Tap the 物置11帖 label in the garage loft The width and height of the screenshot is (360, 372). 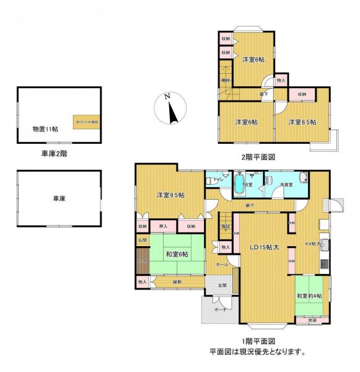pyautogui.click(x=45, y=128)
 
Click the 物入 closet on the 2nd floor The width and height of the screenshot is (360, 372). pyautogui.click(x=281, y=81)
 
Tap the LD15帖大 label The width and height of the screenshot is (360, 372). pyautogui.click(x=264, y=248)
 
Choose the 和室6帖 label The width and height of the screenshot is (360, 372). pyautogui.click(x=177, y=253)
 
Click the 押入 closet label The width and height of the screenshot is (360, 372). pyautogui.click(x=163, y=226)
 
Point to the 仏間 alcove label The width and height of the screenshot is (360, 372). pyautogui.click(x=142, y=239)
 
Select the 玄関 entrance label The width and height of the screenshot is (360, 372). pyautogui.click(x=222, y=285)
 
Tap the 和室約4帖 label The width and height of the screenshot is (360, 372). pyautogui.click(x=310, y=295)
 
